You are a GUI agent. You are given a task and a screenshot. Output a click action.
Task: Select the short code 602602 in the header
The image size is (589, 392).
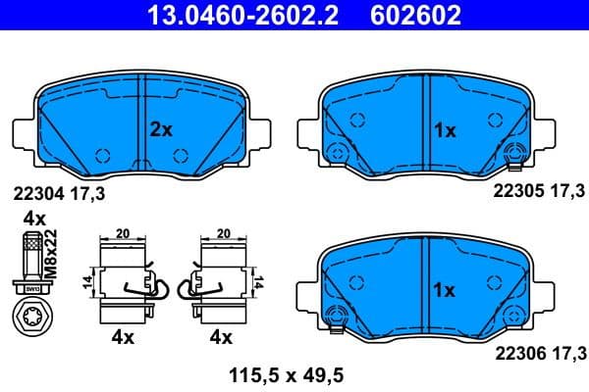tap(415, 16)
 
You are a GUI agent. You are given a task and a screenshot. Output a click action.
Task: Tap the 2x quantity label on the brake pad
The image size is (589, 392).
tap(161, 128)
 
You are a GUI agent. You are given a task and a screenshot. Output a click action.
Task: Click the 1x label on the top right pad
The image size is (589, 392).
tap(444, 128)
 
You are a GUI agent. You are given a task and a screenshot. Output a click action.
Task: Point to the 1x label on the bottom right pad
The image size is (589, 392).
tap(444, 290)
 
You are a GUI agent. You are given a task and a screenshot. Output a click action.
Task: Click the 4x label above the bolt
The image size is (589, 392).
tap(34, 218)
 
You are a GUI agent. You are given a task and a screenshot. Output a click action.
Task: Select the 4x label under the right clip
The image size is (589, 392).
tap(222, 338)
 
